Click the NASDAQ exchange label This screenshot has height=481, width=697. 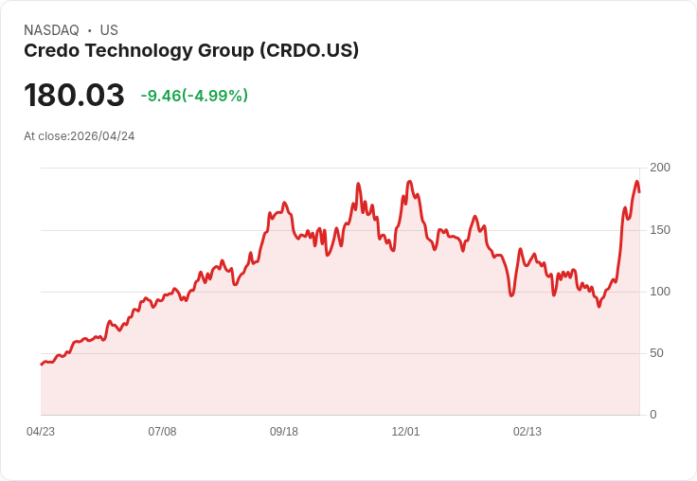[51, 30]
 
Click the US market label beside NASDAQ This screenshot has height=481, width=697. [109, 30]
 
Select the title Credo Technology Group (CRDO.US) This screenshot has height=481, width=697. [191, 51]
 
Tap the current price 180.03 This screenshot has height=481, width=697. [74, 95]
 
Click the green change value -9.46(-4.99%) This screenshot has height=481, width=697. [194, 96]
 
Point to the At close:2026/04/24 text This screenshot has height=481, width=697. [80, 136]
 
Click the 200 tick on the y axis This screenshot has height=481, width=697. [659, 168]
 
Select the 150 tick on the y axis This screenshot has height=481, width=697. [659, 230]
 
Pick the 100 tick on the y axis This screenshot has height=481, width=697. [659, 292]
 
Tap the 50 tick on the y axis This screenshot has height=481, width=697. [656, 353]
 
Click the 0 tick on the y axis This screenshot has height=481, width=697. [652, 415]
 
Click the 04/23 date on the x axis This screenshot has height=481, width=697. [41, 432]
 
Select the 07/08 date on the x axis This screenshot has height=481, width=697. [162, 432]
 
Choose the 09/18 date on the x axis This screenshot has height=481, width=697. [284, 432]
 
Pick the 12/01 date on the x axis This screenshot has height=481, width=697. [405, 432]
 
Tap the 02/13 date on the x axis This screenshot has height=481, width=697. [527, 432]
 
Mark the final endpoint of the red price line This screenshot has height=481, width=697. [639, 191]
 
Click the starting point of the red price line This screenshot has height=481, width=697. [41, 365]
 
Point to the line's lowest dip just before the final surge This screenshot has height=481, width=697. [599, 306]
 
